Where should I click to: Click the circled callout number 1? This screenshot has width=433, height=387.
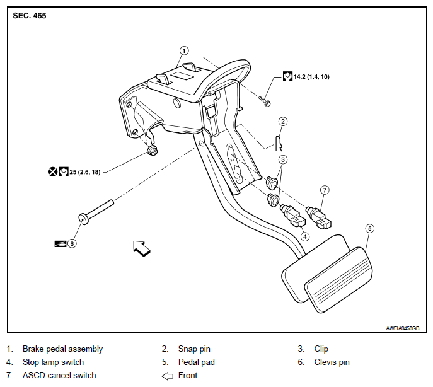tap(184, 51)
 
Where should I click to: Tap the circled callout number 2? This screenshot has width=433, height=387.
tap(282, 121)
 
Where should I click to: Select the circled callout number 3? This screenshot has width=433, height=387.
tap(283, 159)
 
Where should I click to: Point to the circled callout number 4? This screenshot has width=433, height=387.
tap(305, 236)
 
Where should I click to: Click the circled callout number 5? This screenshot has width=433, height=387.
tap(370, 229)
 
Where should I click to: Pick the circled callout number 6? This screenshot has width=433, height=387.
tap(72, 244)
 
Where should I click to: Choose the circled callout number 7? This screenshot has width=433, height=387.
tap(325, 190)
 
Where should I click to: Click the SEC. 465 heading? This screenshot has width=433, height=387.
tap(30, 16)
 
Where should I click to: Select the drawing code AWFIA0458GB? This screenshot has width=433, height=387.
tap(403, 328)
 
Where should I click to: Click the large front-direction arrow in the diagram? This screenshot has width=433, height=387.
tap(141, 248)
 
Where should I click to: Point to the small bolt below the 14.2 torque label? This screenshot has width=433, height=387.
tap(265, 101)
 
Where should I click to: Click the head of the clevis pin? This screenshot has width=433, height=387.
tap(83, 219)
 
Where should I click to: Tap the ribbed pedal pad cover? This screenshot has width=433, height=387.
tap(338, 280)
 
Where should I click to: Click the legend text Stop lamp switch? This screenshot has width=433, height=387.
tap(53, 362)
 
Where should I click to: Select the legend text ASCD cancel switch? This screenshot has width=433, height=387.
tap(59, 376)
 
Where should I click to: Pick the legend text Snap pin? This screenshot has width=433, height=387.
tap(194, 349)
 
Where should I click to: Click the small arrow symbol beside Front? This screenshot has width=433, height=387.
tap(168, 376)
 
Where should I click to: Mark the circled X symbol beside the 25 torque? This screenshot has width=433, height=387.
tap(52, 172)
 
